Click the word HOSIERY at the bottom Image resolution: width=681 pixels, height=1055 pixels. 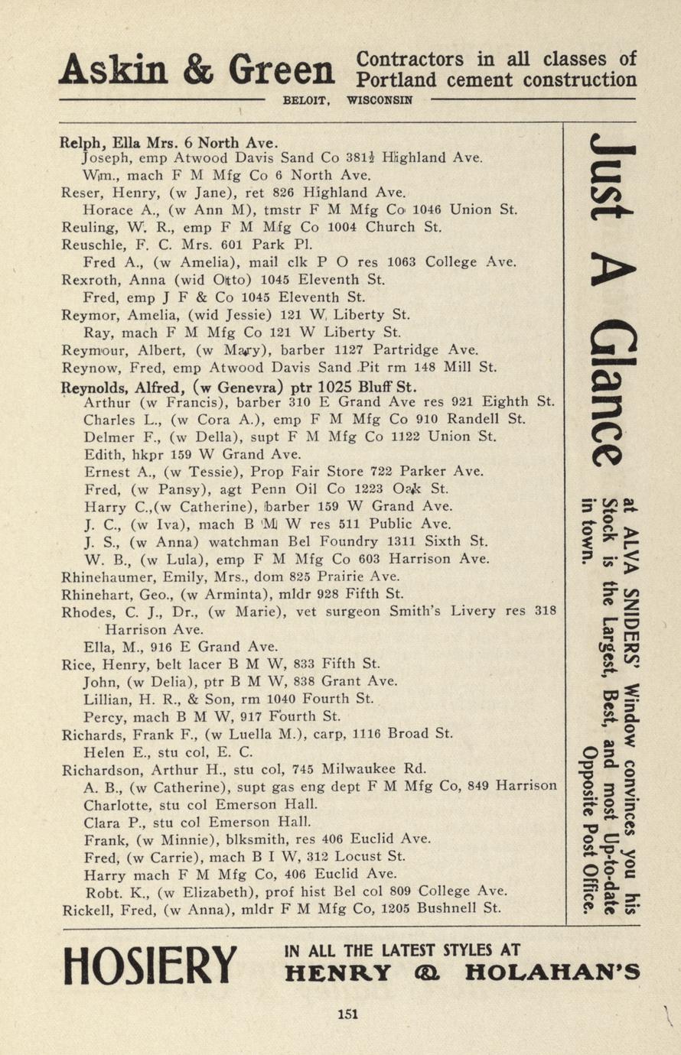pos(151,966)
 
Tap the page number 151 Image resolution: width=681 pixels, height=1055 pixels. pos(348,1014)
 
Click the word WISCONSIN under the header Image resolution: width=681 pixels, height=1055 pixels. pos(380,100)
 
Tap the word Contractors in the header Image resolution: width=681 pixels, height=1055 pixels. pos(410,60)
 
